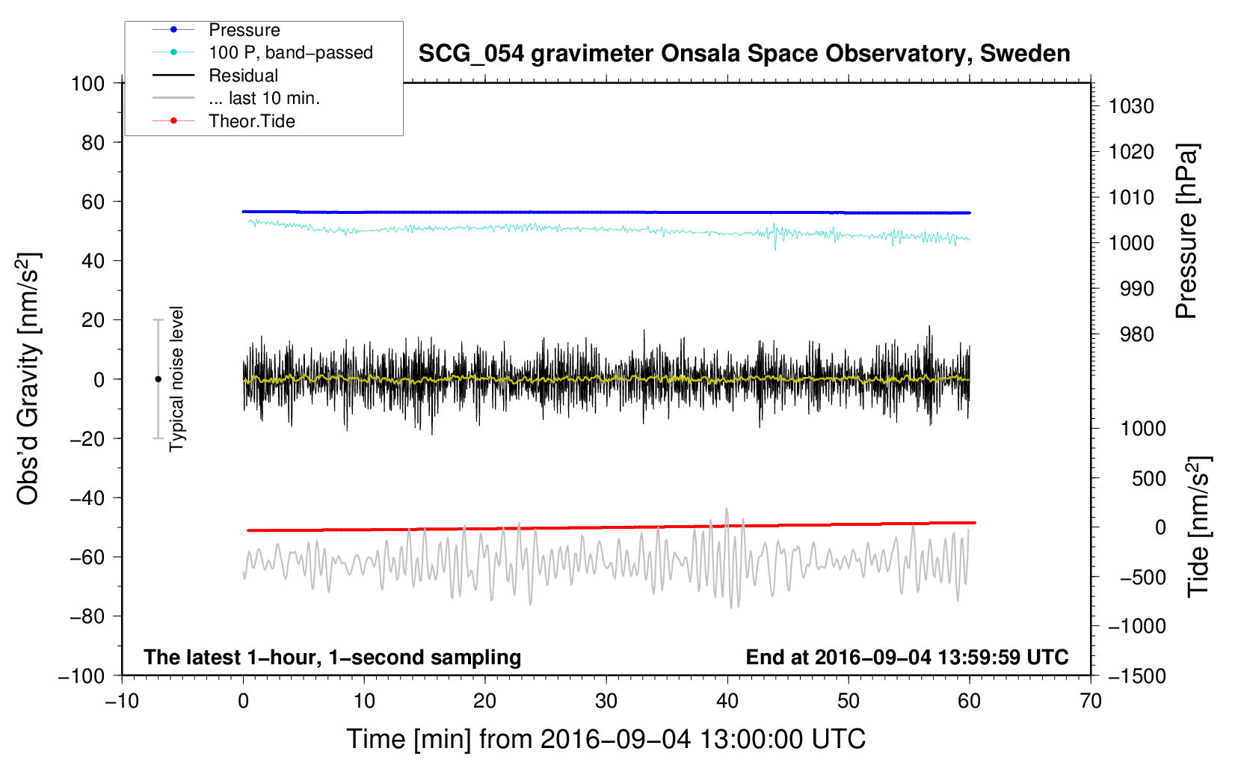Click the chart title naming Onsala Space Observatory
coord(744,54)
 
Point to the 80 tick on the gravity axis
coord(93,143)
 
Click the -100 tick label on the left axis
coord(81,676)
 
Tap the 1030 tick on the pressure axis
coord(1131,106)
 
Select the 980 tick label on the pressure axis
coord(1137,334)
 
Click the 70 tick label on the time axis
coord(1090,702)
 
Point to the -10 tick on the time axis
coord(122,702)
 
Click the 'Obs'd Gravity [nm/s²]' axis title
coord(28,379)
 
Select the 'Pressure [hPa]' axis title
coord(1186,232)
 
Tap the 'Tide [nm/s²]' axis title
coord(1199,527)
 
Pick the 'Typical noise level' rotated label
coord(176,379)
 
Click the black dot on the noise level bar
coord(158,379)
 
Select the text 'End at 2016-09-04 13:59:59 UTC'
coord(907,657)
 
